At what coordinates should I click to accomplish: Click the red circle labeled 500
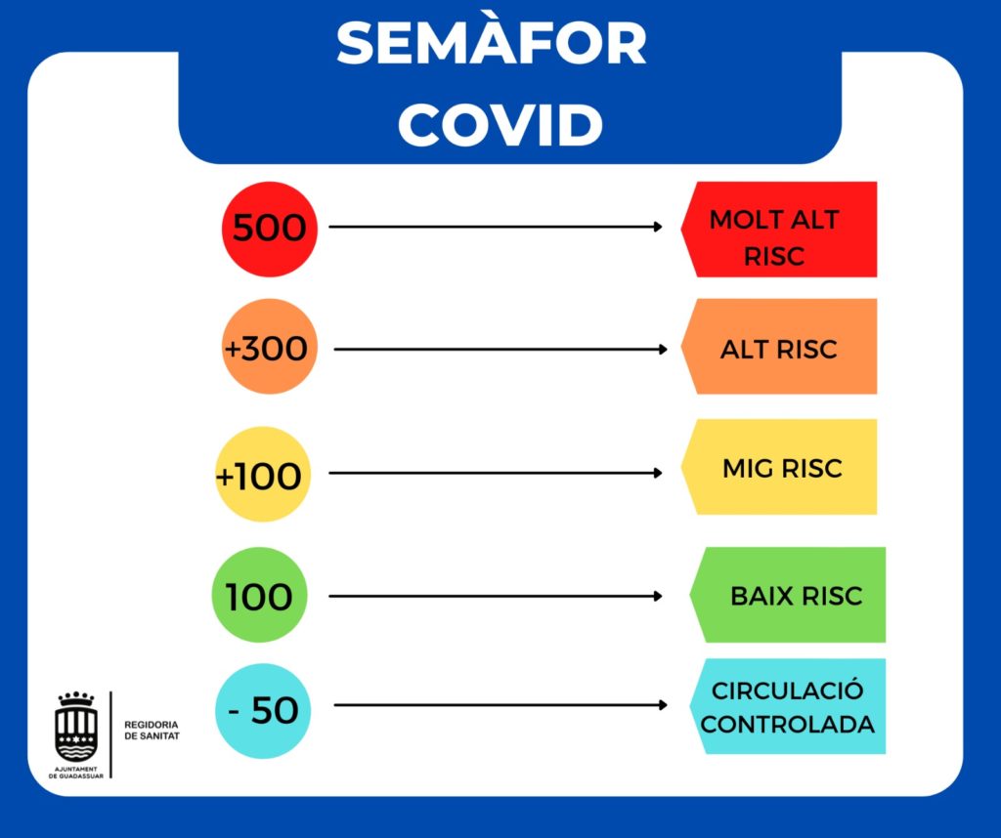[269, 229]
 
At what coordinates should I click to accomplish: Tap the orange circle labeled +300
[269, 347]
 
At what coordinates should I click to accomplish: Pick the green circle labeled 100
[260, 595]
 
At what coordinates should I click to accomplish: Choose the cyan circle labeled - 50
[263, 710]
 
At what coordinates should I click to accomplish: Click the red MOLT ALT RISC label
[779, 230]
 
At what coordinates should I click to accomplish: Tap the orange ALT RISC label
[779, 347]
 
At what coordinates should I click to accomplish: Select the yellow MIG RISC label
[780, 468]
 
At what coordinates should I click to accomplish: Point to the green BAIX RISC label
[790, 595]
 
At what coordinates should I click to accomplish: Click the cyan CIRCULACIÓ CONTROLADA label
[788, 707]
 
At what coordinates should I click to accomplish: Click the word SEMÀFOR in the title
[491, 44]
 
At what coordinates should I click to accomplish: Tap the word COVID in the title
[500, 124]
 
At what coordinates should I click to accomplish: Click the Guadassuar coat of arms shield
[75, 728]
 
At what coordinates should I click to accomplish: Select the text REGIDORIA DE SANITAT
[152, 731]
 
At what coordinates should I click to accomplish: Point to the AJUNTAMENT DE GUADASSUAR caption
[75, 774]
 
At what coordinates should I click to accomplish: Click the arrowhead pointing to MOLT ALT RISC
[659, 228]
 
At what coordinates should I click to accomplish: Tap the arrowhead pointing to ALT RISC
[664, 349]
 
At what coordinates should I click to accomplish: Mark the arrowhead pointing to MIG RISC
[659, 474]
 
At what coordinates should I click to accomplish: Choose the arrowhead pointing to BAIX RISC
[659, 596]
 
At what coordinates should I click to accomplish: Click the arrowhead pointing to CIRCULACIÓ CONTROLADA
[664, 705]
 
